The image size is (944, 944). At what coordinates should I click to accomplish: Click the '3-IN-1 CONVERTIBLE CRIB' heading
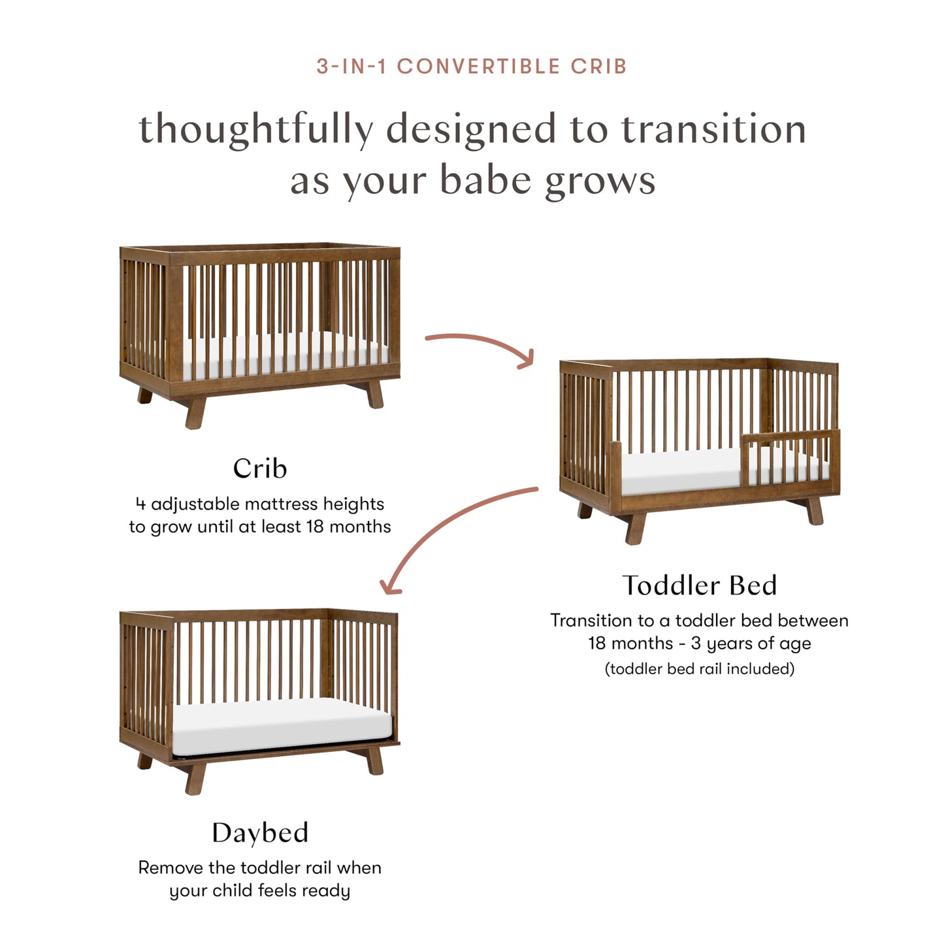[x=472, y=67]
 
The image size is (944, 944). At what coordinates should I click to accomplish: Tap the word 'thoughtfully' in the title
[x=256, y=129]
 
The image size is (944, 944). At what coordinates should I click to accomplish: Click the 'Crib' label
[x=260, y=468]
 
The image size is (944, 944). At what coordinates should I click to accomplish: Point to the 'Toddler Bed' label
[x=699, y=585]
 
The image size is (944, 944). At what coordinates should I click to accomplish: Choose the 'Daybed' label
[x=260, y=833]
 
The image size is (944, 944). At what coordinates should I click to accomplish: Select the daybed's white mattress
[x=281, y=725]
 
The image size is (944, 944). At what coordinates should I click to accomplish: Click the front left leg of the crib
[x=195, y=412]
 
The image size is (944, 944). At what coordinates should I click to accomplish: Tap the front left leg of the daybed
[x=195, y=777]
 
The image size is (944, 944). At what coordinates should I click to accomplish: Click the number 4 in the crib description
[x=140, y=504]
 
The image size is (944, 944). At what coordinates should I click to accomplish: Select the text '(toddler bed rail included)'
[x=699, y=669]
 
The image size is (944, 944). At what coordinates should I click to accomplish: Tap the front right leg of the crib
[x=375, y=395]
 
